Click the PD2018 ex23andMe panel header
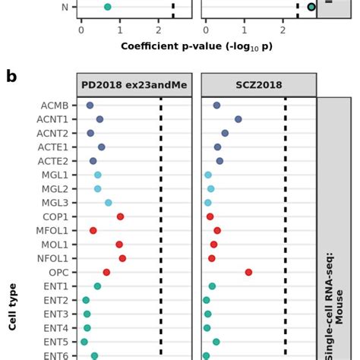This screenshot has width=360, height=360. [134, 85]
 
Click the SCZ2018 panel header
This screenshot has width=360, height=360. [257, 85]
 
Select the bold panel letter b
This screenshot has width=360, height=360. [11, 77]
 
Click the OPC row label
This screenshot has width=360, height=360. [58, 272]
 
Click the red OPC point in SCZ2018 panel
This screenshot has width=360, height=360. [248, 272]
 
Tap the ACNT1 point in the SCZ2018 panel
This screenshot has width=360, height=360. [238, 119]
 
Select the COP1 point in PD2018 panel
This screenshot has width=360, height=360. [120, 216]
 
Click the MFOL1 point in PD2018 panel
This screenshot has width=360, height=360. [93, 230]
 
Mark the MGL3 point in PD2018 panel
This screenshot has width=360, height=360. [109, 203]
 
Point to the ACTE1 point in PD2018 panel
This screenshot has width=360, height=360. [102, 147]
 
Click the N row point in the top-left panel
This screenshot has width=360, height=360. [107, 8]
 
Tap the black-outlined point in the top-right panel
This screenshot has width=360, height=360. [311, 8]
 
